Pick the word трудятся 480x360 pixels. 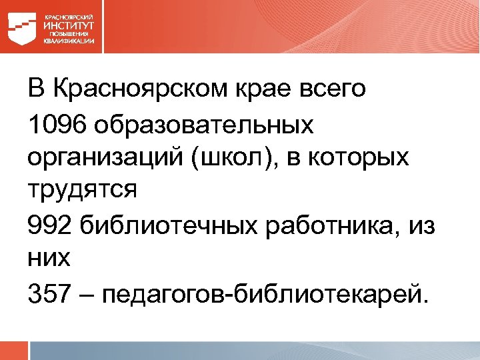point(82,191)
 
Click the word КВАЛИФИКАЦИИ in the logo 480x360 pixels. point(69,41)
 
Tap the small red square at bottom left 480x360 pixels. point(13,351)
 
